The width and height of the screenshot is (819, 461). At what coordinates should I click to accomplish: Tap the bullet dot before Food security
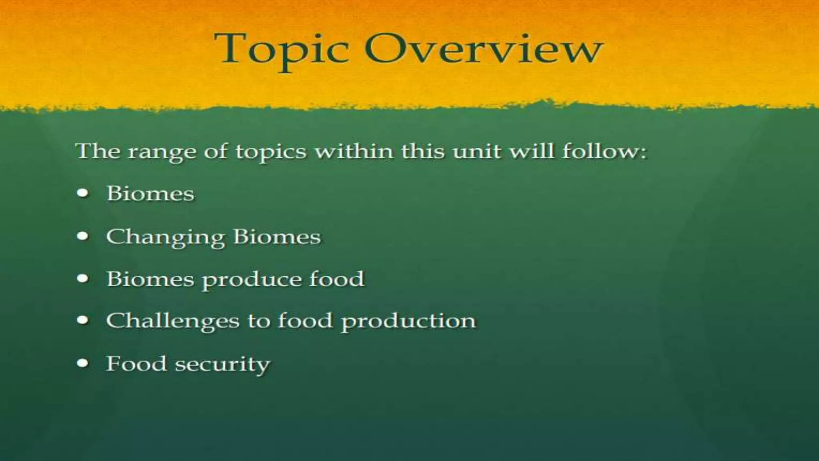83,363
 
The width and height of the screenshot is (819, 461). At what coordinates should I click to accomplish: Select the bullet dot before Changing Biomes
83,236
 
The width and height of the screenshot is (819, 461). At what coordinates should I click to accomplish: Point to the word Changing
166,237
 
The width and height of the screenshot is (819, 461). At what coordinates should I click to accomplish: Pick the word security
222,365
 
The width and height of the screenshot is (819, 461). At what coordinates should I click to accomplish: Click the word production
408,322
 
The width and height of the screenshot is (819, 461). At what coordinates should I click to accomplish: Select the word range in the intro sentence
162,152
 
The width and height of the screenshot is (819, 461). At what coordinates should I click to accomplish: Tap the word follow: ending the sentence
604,151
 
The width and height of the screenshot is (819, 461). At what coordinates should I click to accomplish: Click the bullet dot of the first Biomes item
83,193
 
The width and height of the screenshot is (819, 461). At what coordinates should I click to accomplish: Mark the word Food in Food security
136,364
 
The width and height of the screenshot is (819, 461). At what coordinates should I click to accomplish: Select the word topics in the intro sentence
271,152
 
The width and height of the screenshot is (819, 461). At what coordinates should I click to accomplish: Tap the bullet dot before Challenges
83,321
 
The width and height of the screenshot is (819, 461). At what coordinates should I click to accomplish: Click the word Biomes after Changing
277,237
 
